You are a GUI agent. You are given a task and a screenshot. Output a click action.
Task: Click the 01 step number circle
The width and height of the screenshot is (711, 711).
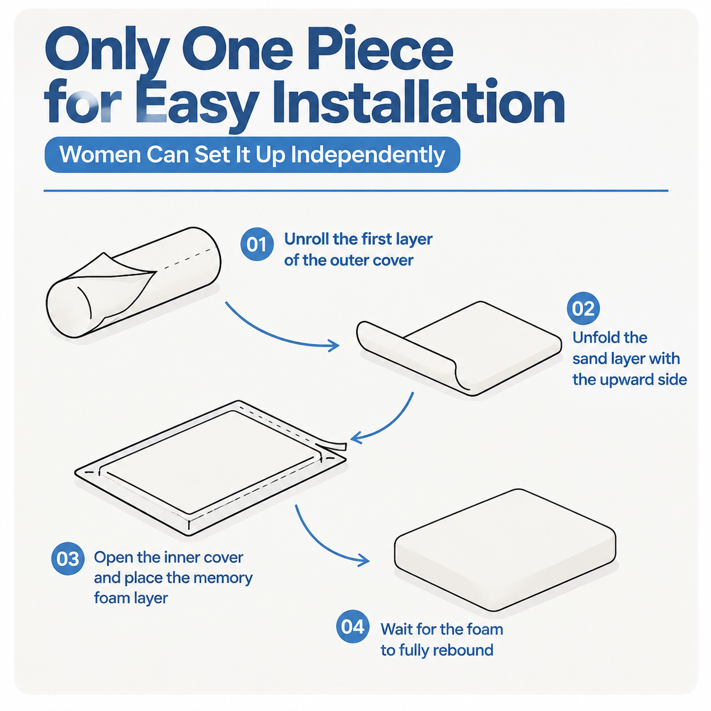click(x=257, y=244)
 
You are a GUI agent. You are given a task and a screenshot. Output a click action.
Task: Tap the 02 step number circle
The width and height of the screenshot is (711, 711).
click(x=584, y=308)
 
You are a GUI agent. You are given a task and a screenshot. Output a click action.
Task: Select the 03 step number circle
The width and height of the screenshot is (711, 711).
click(x=68, y=559)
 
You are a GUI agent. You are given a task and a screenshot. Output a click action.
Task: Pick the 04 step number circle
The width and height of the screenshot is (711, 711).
click(x=353, y=626)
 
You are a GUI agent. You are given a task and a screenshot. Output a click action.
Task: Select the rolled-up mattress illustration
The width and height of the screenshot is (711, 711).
click(x=133, y=282)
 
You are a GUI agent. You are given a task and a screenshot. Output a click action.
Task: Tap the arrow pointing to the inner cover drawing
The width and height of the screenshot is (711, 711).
click(x=391, y=424)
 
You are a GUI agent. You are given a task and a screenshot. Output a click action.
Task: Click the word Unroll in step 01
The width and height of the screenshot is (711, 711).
click(x=306, y=239)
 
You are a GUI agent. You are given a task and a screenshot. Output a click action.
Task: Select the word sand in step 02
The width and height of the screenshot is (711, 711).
click(x=591, y=358)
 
